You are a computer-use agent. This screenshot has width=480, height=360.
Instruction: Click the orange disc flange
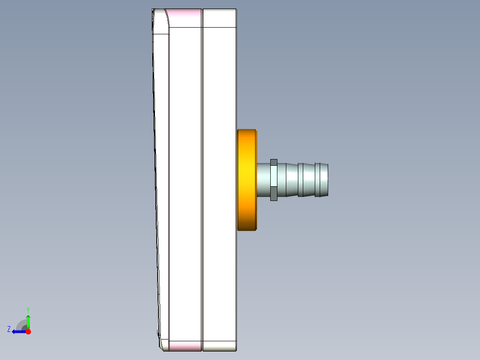(247, 180)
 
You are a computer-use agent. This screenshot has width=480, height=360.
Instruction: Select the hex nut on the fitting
(274, 180)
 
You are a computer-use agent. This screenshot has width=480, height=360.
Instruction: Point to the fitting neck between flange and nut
(263, 180)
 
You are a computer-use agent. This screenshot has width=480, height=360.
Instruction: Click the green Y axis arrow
(28, 320)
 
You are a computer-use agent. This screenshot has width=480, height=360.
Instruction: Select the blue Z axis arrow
(17, 331)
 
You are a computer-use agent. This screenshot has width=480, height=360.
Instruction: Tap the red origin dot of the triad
(28, 331)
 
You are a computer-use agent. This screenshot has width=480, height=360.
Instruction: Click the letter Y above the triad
(28, 309)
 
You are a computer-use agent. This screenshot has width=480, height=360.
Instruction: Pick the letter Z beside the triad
(9, 329)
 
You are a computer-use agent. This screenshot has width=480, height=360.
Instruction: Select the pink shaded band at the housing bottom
(186, 346)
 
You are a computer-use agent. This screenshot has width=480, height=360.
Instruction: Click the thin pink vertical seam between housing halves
(202, 178)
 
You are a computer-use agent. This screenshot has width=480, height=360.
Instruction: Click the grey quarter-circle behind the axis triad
(21, 324)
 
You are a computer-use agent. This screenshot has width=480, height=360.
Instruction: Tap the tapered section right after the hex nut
(288, 180)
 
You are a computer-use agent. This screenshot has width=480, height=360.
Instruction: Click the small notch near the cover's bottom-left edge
(159, 333)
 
